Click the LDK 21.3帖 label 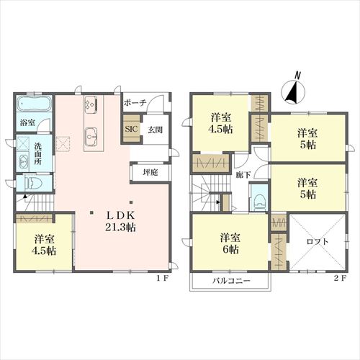[120, 221]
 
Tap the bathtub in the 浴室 [34, 104]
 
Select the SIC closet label [132, 129]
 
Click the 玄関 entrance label [155, 130]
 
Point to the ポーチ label [135, 103]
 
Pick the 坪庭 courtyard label [150, 172]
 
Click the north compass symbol [293, 89]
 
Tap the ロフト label [318, 241]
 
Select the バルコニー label [231, 281]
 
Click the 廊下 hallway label [243, 175]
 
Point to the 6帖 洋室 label [230, 243]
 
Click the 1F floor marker [163, 278]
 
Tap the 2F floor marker [341, 278]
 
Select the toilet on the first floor [33, 184]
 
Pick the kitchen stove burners [91, 104]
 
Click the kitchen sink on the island [91, 137]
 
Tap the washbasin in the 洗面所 [23, 161]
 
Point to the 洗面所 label [37, 153]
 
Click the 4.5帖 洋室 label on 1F [44, 245]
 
